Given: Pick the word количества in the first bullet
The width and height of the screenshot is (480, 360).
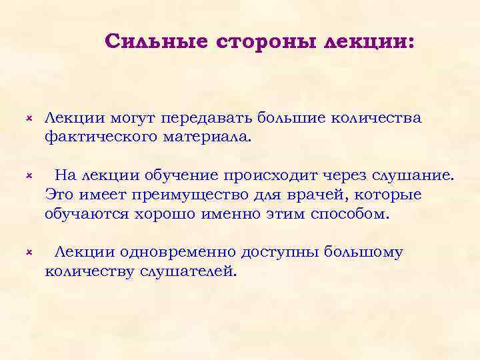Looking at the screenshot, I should pyautogui.click(x=383, y=118).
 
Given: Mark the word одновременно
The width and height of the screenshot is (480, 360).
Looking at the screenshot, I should pyautogui.click(x=178, y=252).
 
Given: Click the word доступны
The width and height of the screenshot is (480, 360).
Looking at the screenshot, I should pyautogui.click(x=283, y=252).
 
